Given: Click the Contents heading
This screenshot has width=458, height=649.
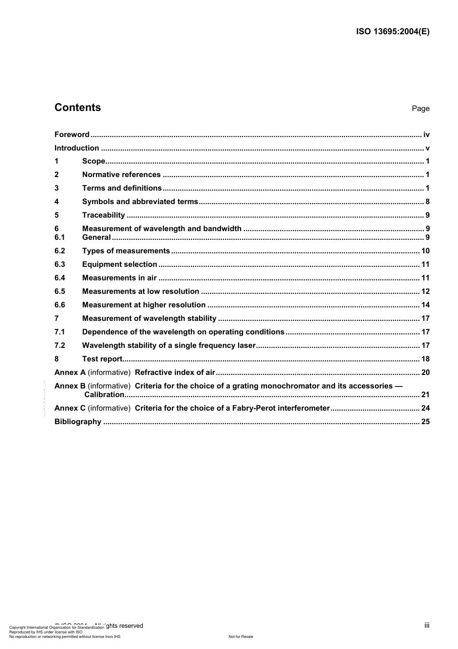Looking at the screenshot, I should (x=78, y=108).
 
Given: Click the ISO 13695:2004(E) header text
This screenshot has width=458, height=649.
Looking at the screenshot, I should (x=392, y=32).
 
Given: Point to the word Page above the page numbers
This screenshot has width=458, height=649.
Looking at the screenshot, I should (x=420, y=109).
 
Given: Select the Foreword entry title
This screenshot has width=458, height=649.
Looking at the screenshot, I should (x=72, y=135).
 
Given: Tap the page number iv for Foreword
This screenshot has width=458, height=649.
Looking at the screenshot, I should (x=426, y=135).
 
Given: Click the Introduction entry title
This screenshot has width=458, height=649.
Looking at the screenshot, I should (x=77, y=148).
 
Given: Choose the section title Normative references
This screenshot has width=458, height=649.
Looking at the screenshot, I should (x=121, y=175).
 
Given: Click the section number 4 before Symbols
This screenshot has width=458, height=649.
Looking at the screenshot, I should (x=56, y=202).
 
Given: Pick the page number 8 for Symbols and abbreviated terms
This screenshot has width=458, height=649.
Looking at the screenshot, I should (x=428, y=202).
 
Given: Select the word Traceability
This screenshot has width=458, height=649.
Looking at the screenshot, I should (x=103, y=215).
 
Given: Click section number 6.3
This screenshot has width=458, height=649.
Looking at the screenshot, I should (x=59, y=264).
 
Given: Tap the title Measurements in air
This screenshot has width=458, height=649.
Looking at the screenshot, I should (x=119, y=278).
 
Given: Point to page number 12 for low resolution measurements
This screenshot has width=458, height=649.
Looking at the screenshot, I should (x=425, y=291).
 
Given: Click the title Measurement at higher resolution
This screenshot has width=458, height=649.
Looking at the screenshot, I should (x=144, y=305).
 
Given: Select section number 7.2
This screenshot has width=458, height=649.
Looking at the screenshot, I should (x=59, y=345).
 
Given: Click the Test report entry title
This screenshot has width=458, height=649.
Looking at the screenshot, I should (x=102, y=359).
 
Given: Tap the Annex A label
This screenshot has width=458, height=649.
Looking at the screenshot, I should (x=70, y=373).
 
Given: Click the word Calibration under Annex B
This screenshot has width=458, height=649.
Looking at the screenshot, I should (x=104, y=395).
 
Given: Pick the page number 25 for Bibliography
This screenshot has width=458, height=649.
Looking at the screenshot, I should (x=425, y=422).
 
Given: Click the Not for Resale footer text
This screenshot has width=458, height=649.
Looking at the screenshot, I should (x=241, y=636).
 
